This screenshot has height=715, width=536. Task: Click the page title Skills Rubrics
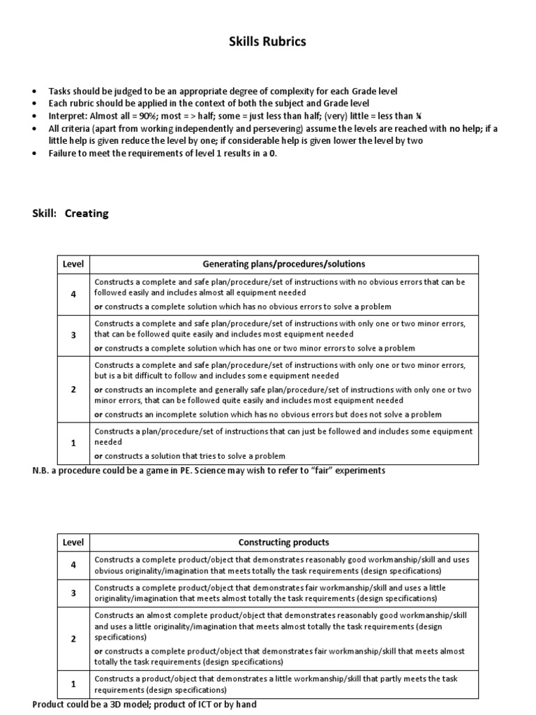click(x=267, y=42)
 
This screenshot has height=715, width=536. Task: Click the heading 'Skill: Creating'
click(x=70, y=214)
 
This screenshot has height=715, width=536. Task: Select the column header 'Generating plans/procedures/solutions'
click(x=284, y=264)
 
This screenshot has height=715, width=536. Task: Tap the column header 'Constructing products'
click(x=284, y=543)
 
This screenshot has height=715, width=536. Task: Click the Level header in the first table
click(x=73, y=264)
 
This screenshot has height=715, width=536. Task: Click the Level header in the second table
click(x=73, y=543)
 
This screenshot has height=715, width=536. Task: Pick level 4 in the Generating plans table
click(x=73, y=294)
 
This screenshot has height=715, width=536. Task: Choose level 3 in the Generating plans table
click(x=73, y=335)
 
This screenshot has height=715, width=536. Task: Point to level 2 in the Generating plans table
click(x=73, y=389)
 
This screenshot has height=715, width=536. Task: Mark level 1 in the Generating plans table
click(x=73, y=443)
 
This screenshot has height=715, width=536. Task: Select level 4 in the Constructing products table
click(x=73, y=565)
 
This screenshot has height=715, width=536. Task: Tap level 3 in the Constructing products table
click(x=73, y=593)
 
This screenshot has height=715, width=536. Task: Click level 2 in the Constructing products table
click(x=73, y=638)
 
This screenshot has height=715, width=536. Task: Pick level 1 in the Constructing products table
click(x=73, y=684)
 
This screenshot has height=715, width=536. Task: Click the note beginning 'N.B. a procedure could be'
click(x=209, y=471)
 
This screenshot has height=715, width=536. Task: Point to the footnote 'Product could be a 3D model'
click(x=144, y=705)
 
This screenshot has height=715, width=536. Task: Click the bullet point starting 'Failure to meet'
click(x=162, y=154)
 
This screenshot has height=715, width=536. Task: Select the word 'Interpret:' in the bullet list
click(x=67, y=116)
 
